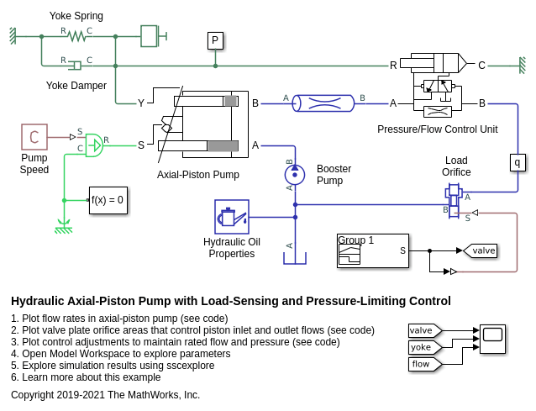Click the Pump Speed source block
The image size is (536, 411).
(x=34, y=137)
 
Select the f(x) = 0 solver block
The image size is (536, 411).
(x=108, y=200)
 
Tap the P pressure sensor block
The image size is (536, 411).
(x=215, y=40)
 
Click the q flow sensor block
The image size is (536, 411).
(x=518, y=162)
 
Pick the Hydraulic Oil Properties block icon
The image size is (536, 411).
(x=232, y=217)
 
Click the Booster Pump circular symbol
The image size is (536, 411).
(x=295, y=175)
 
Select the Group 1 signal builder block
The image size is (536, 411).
(x=372, y=250)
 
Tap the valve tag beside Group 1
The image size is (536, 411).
(x=481, y=250)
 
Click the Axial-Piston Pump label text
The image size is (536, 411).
(x=198, y=175)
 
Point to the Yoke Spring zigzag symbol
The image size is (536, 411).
(x=77, y=36)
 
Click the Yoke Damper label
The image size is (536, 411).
(x=76, y=86)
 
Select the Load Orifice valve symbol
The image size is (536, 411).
(x=454, y=195)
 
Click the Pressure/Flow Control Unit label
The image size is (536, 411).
(x=437, y=129)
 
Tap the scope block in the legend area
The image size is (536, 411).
(x=492, y=339)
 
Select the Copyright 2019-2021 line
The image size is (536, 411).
(x=105, y=395)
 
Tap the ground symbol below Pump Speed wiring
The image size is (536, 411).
(x=63, y=225)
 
